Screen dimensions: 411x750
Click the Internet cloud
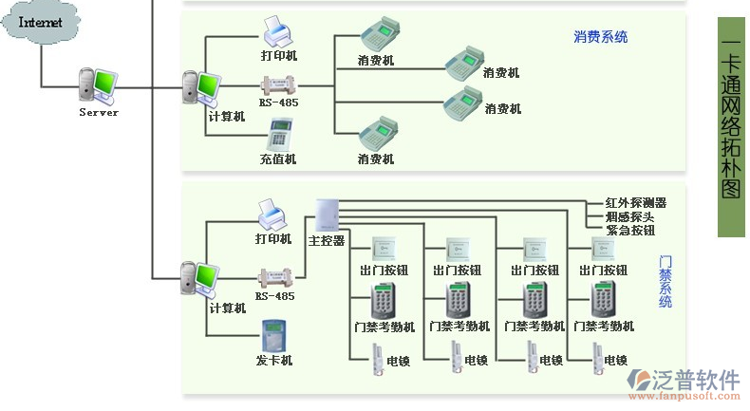42,22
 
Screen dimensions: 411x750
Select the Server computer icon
99,84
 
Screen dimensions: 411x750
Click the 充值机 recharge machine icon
279,134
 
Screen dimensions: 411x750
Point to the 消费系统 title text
600,38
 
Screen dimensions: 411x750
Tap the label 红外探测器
636,202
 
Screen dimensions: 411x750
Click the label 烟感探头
629,216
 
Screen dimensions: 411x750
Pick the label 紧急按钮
629,230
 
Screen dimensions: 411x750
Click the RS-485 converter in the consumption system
278,84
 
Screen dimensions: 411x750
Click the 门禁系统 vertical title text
666,280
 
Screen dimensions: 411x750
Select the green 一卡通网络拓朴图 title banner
730,126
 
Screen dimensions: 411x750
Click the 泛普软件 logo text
695,380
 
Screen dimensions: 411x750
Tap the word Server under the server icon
99,112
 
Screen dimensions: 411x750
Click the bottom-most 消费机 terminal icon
376,135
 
